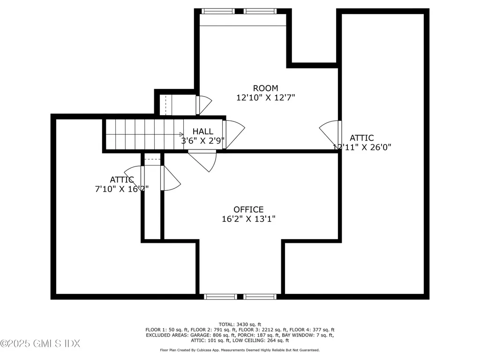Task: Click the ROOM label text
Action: pos(265,88)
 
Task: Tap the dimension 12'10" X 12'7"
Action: pos(265,97)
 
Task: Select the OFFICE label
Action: pos(248,210)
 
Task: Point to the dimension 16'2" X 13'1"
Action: pos(248,219)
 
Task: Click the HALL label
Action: pos(202,131)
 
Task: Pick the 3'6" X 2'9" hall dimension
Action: pos(202,140)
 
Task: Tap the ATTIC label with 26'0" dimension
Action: pos(362,138)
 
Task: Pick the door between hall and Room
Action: pos(233,135)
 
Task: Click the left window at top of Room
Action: pos(218,11)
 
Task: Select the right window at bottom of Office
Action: pos(261,297)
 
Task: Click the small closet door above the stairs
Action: pos(203,105)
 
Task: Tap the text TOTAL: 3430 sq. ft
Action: pos(240,324)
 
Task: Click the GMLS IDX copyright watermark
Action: pos(40,344)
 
